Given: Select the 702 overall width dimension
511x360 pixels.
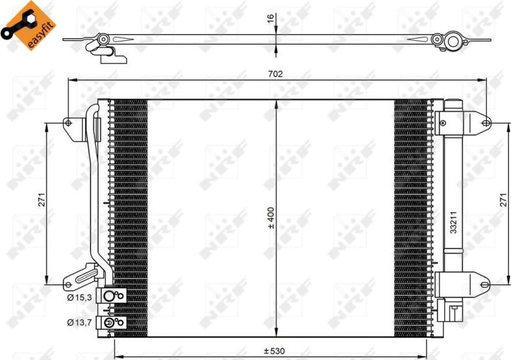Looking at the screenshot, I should pos(276,74).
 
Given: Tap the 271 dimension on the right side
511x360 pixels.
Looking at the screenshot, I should pos(502,200).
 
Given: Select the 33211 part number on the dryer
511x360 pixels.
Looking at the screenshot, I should pos(453,223).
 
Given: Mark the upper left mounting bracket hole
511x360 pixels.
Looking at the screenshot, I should pos(68,122).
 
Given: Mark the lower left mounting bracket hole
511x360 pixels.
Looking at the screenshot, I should pos(68,284).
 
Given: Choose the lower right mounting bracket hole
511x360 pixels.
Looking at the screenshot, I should pos(485,284).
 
